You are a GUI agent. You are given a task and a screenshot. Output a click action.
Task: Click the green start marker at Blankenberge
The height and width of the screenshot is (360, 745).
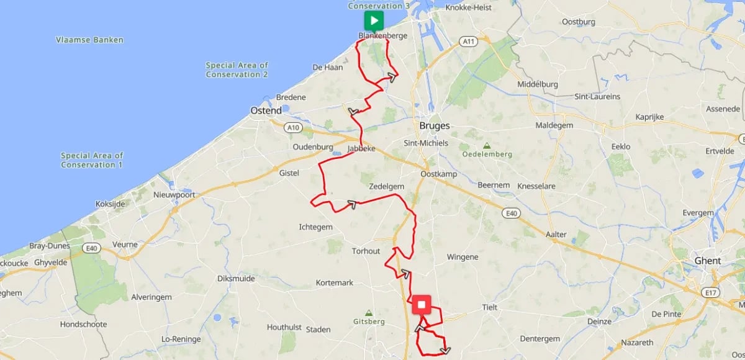pos(373,20)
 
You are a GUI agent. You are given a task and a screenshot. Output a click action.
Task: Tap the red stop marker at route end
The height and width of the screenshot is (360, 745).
pos(422,305)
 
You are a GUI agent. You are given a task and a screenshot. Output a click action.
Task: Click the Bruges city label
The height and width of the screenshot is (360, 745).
pos(435,125)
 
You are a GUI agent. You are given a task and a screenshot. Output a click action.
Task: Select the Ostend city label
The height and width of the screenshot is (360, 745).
pos(266,110)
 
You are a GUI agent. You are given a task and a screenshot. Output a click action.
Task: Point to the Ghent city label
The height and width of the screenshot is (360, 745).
pos(707,261)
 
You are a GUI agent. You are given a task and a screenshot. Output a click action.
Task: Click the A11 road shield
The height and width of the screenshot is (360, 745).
pos(469,41)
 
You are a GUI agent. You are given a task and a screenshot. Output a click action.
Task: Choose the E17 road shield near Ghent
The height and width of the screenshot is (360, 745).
pos(711,292)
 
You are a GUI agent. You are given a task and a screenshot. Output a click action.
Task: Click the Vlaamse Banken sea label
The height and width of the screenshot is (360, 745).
pos(89,40)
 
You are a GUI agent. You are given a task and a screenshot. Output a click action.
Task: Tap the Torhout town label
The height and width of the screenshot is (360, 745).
pos(366,251)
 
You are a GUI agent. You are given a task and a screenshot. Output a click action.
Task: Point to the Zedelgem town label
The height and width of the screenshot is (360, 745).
pos(386,186)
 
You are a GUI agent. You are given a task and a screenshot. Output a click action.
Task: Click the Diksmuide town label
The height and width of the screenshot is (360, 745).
pos(236,279)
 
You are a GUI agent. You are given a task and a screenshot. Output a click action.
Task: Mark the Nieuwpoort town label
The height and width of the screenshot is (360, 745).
pos(174,195)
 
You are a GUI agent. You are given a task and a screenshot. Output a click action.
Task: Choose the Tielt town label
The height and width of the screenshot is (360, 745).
pos(490,307)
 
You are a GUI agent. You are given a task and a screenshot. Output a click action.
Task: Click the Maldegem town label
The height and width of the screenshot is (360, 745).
pos(553,125)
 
